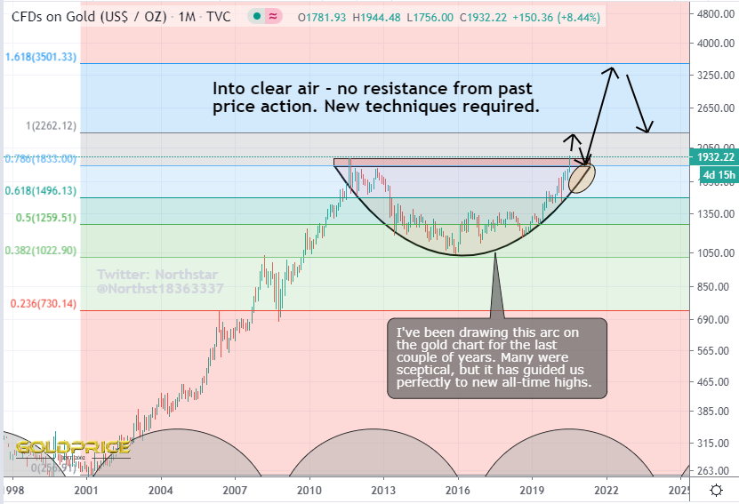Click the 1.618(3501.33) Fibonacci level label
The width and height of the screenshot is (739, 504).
41,58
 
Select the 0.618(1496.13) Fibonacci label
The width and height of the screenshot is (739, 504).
41,191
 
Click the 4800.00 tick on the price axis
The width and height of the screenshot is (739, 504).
714,15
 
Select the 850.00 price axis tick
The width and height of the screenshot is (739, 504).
714,286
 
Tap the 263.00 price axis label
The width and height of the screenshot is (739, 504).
714,472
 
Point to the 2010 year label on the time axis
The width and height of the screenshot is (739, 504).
309,491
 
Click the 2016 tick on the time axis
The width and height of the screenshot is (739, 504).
458,491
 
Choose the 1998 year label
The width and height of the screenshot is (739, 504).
12,491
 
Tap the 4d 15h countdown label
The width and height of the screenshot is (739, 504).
714,175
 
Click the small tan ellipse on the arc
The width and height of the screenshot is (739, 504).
581,176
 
